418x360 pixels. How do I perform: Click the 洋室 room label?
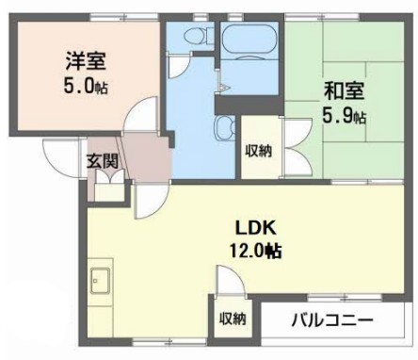pos(86,61)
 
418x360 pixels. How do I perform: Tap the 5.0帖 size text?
pos(86,86)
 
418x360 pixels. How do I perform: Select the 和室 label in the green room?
pos(344,90)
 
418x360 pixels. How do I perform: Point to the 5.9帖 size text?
pos(344,115)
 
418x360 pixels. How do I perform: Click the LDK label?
pos(256,228)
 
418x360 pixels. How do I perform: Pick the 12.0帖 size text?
pos(256,251)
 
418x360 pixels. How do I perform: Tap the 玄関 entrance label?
pos(103,161)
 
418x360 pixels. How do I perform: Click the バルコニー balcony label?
pos(332,320)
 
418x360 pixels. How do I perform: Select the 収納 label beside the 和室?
pos(259,151)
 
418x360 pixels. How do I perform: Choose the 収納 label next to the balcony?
pos(233,319)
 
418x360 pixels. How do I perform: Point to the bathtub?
pos(249,39)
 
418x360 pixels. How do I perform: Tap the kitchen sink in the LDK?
pos(101,281)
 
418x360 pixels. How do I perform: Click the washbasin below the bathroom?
pos(225,127)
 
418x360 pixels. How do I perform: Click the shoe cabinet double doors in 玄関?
pos(110,176)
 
